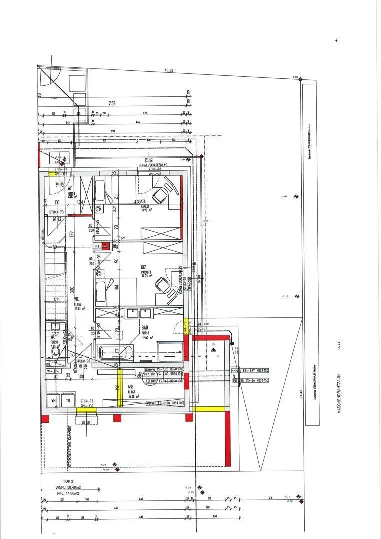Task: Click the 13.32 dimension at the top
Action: click(x=169, y=71)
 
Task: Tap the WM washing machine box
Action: click(x=53, y=400)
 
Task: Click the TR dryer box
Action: click(x=67, y=400)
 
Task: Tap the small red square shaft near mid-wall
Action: click(x=105, y=246)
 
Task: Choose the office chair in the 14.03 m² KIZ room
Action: click(x=162, y=285)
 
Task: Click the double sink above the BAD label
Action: click(x=139, y=313)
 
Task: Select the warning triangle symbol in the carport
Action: click(x=213, y=351)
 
